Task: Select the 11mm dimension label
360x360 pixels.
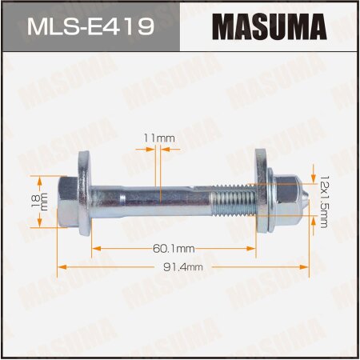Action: tap(166, 139)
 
